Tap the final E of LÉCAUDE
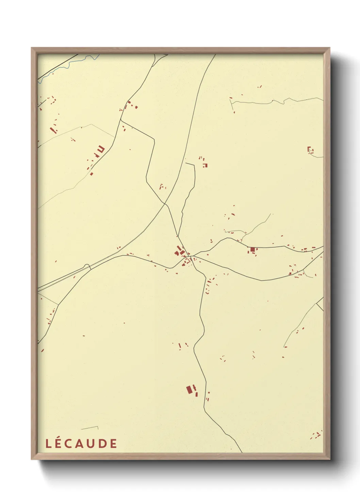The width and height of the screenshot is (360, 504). [113, 443]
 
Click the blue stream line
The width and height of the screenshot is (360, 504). [68, 66]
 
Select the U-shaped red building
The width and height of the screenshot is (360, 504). [101, 149]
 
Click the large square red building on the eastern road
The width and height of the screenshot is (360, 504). [252, 250]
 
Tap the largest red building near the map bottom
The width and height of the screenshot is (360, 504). [189, 390]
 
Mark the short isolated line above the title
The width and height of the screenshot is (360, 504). [90, 428]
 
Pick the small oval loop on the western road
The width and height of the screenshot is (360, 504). [87, 266]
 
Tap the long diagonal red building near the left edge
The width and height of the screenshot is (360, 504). [53, 130]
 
